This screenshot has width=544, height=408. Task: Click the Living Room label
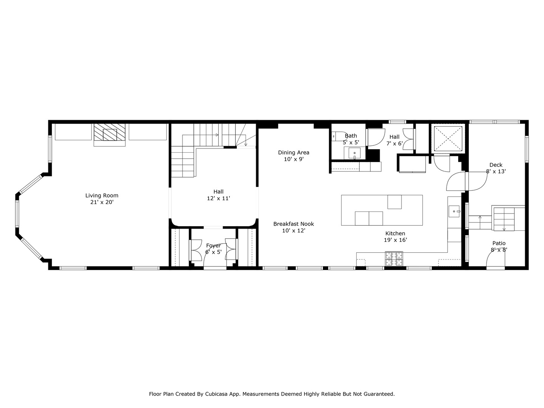pyautogui.click(x=102, y=195)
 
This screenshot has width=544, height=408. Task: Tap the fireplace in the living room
pyautogui.click(x=110, y=134)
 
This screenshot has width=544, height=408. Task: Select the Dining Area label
pyautogui.click(x=294, y=153)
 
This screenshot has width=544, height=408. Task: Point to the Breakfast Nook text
pyautogui.click(x=294, y=224)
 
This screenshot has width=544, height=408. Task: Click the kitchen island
pyautogui.click(x=382, y=210)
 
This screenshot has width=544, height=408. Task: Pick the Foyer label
pyautogui.click(x=213, y=246)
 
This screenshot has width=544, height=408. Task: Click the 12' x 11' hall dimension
pyautogui.click(x=218, y=198)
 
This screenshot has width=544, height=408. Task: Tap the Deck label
pyautogui.click(x=496, y=165)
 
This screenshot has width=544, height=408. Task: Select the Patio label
pyautogui.click(x=499, y=243)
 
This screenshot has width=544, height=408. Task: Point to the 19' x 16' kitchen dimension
pyautogui.click(x=395, y=240)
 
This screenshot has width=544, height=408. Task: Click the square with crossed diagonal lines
pyautogui.click(x=448, y=139)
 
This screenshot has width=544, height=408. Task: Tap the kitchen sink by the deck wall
pyautogui.click(x=454, y=212)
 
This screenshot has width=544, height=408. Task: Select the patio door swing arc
pyautogui.click(x=495, y=257)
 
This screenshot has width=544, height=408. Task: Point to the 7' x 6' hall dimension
pyautogui.click(x=394, y=144)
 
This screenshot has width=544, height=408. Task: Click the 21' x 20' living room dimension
pyautogui.click(x=102, y=202)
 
